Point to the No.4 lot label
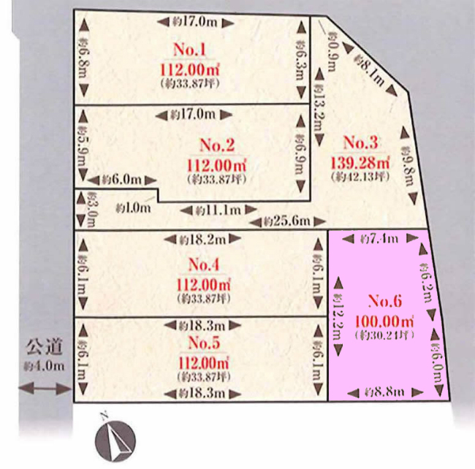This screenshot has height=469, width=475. tap(205, 264)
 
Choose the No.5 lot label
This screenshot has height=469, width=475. tap(205, 343)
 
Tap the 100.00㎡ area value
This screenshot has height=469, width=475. tap(384, 320)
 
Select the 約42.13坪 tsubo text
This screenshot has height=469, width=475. tap(360, 177)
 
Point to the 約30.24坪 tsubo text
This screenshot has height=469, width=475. tap(384, 336)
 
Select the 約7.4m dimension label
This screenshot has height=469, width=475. tap(381, 238)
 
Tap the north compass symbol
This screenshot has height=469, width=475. tap(113, 439)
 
